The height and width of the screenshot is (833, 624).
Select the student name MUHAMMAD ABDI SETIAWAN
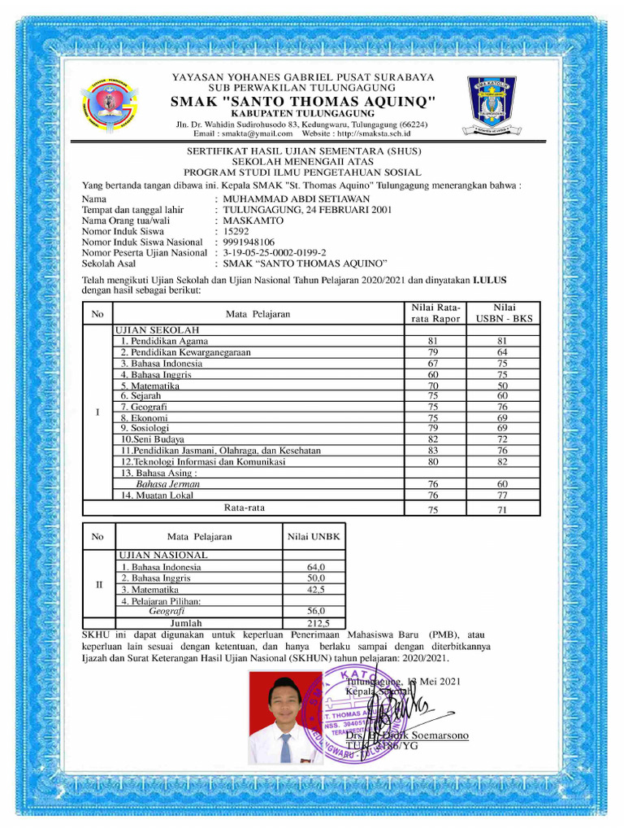click(296, 198)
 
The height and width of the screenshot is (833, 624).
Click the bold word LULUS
click(490, 279)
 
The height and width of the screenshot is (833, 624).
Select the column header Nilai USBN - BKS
click(504, 313)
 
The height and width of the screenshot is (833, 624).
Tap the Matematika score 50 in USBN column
click(503, 386)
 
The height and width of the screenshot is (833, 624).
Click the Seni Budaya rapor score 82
click(433, 439)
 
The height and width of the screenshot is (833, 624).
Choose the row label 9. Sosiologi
click(145, 427)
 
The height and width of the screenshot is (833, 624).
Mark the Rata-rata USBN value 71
click(503, 509)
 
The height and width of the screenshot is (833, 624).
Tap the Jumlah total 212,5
click(316, 623)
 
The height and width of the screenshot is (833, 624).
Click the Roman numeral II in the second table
click(97, 584)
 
